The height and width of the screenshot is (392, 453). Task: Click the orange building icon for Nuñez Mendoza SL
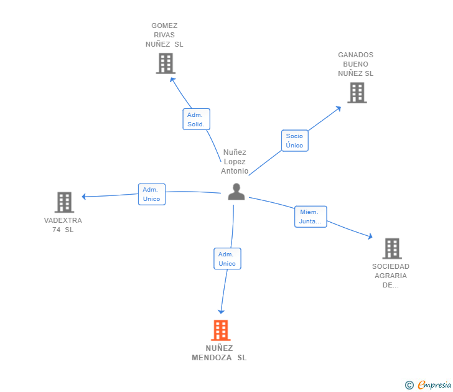(x=221, y=330)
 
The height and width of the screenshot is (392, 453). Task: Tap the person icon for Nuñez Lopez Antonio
(x=236, y=192)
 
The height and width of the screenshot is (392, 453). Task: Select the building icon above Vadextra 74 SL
(x=64, y=202)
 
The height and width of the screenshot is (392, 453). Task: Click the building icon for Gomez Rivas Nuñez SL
(x=166, y=63)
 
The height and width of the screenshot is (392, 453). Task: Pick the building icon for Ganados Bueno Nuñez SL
(x=357, y=93)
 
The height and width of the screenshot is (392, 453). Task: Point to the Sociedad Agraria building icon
(x=391, y=248)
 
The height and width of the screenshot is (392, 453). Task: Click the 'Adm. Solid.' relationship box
(x=196, y=119)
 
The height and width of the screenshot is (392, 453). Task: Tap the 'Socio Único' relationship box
(x=294, y=141)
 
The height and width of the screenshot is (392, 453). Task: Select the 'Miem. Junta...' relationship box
(x=311, y=217)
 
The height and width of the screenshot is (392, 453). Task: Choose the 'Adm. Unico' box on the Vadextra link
(x=151, y=194)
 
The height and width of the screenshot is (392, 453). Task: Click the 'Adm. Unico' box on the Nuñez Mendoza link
(x=227, y=258)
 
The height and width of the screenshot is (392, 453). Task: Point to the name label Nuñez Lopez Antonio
(x=235, y=162)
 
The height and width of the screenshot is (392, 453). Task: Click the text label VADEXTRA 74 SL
(x=63, y=225)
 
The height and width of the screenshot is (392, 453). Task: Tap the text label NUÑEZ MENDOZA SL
(x=219, y=353)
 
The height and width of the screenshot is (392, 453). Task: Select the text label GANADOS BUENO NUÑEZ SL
(x=356, y=64)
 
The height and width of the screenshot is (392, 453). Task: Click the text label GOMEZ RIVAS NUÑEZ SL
(x=164, y=35)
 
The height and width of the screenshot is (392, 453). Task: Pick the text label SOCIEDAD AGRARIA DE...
(x=391, y=276)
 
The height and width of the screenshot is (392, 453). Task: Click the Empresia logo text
(x=433, y=385)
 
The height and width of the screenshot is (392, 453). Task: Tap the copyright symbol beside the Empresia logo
(x=409, y=385)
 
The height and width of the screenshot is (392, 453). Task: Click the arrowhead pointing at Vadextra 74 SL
(x=85, y=197)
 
